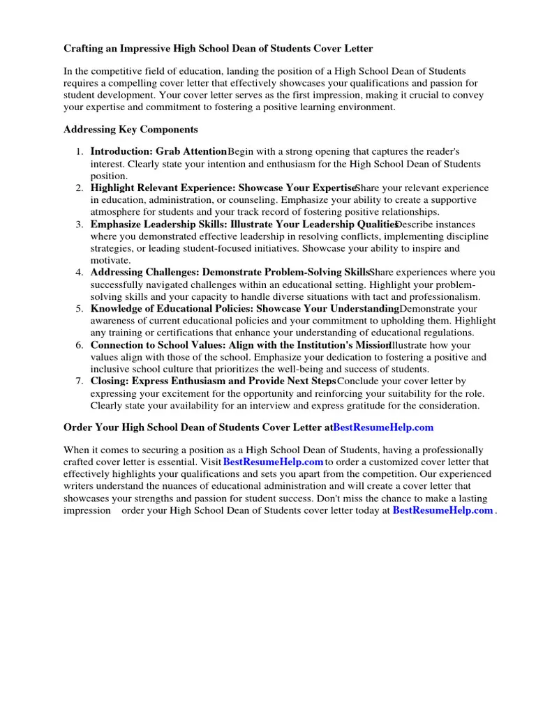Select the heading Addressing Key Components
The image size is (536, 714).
click(131, 130)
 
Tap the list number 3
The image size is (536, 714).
click(80, 225)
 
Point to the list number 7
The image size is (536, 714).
click(80, 381)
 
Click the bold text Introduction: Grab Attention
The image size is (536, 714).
click(159, 151)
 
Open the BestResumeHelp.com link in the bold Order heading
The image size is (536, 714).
click(383, 427)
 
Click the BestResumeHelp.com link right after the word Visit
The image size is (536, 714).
click(273, 462)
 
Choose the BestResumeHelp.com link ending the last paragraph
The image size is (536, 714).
click(442, 510)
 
